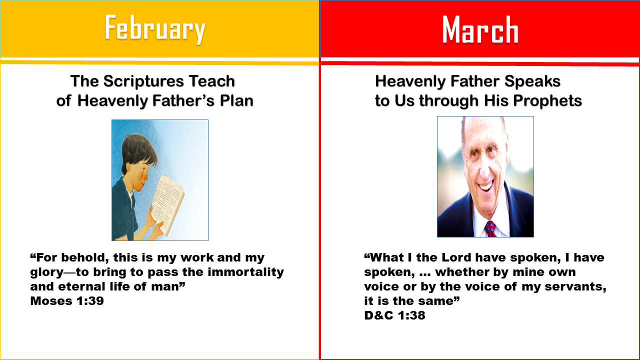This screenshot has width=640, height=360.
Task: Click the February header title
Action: [155, 29]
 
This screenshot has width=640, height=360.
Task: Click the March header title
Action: [480, 29]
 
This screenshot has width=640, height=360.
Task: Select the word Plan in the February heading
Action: [236, 101]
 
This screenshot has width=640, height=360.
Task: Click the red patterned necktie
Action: [490, 229]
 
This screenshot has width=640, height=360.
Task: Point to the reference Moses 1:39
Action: [67, 301]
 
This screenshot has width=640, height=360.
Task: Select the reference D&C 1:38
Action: [394, 315]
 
